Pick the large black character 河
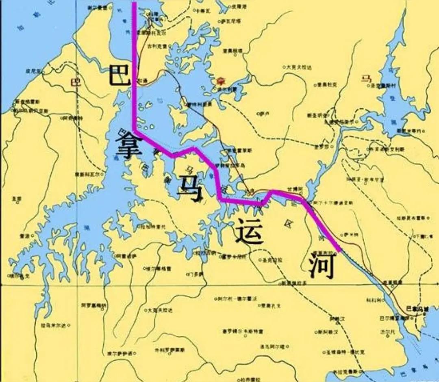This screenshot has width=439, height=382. point(321,266)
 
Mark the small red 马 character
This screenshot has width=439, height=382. point(366,78)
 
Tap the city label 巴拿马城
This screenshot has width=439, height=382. point(417,309)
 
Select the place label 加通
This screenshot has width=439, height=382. point(143,81)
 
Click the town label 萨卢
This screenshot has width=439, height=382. point(265,114)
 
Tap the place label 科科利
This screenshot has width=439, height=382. point(374,300)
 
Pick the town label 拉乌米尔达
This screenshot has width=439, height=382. point(54,325)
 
